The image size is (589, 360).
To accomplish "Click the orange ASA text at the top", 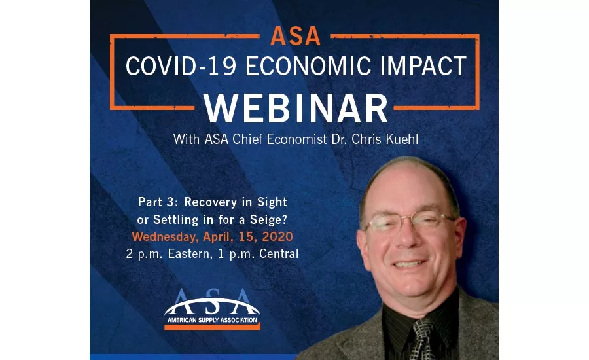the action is [295, 36].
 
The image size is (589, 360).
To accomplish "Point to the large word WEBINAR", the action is [296, 108].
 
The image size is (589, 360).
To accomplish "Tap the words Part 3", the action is [158, 202].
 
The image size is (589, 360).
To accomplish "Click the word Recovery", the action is [210, 202].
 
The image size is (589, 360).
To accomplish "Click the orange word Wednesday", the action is [164, 237].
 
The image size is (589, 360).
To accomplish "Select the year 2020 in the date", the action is [277, 236].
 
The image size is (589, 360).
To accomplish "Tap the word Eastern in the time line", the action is [190, 254].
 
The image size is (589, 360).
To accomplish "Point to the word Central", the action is [279, 254].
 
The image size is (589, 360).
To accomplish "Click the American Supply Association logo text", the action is [212, 320].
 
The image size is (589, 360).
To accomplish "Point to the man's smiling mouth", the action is [409, 264].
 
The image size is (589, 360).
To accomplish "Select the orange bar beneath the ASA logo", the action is [212, 327].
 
